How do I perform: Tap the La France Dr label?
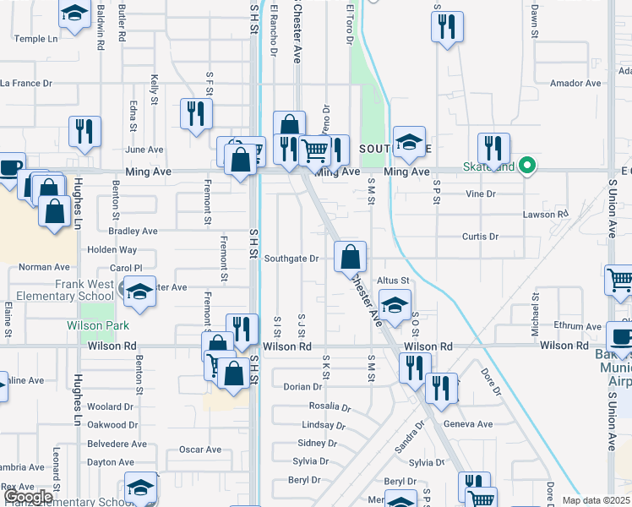26,84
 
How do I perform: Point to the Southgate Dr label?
291,259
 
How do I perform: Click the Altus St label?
393,281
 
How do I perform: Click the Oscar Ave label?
199,450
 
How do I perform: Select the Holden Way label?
112,250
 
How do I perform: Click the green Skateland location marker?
528,165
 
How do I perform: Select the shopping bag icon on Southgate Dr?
350,256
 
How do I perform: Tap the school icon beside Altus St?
395,304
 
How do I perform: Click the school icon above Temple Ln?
74,14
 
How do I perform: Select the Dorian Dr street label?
302,387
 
